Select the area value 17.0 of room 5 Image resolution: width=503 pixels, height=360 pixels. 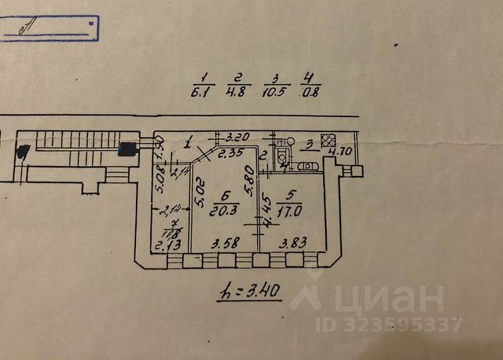(292, 210)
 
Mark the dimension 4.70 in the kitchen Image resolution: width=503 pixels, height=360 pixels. (339, 151)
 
